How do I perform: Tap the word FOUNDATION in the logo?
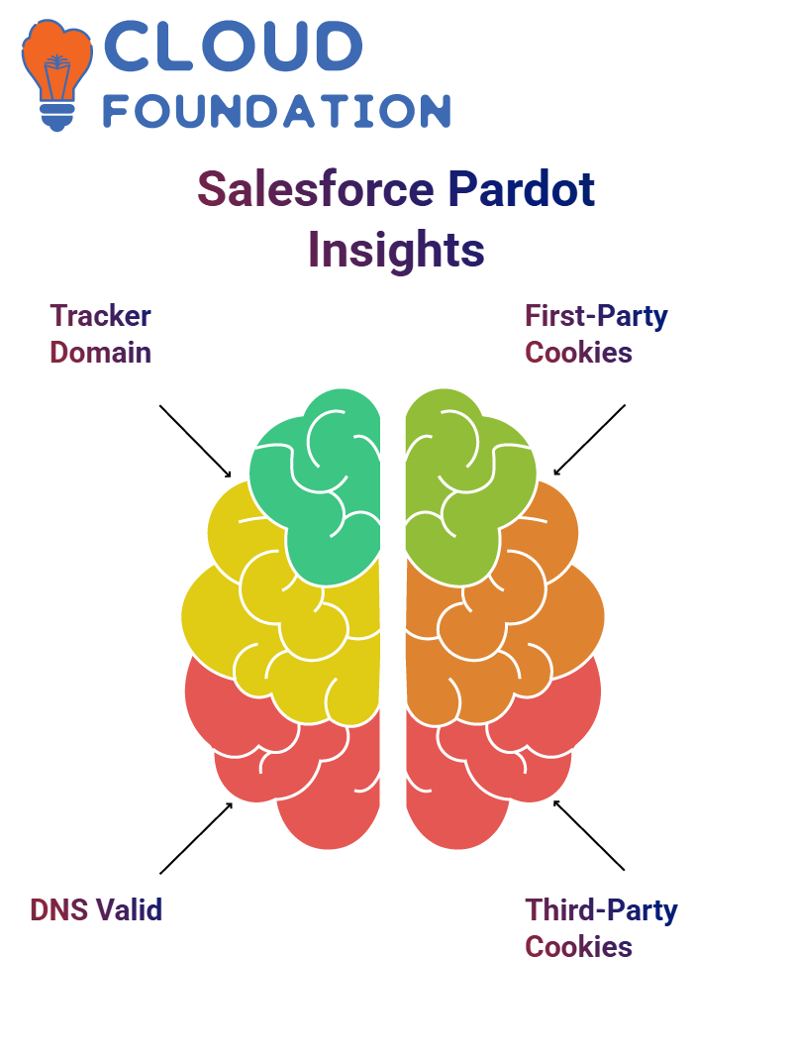point(277,111)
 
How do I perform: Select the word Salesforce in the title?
point(316,188)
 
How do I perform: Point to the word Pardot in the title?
point(521,188)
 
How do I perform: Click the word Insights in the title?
point(396,250)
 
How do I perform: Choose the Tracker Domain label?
point(101,334)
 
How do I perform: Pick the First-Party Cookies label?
point(596,334)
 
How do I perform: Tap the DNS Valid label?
point(96,910)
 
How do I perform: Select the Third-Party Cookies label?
point(601,928)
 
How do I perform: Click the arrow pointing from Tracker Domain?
point(195,442)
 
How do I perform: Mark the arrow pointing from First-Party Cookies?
point(589,440)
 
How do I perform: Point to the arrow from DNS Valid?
point(196,837)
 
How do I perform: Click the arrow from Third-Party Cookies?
point(589,835)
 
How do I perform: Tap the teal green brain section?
point(318,486)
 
